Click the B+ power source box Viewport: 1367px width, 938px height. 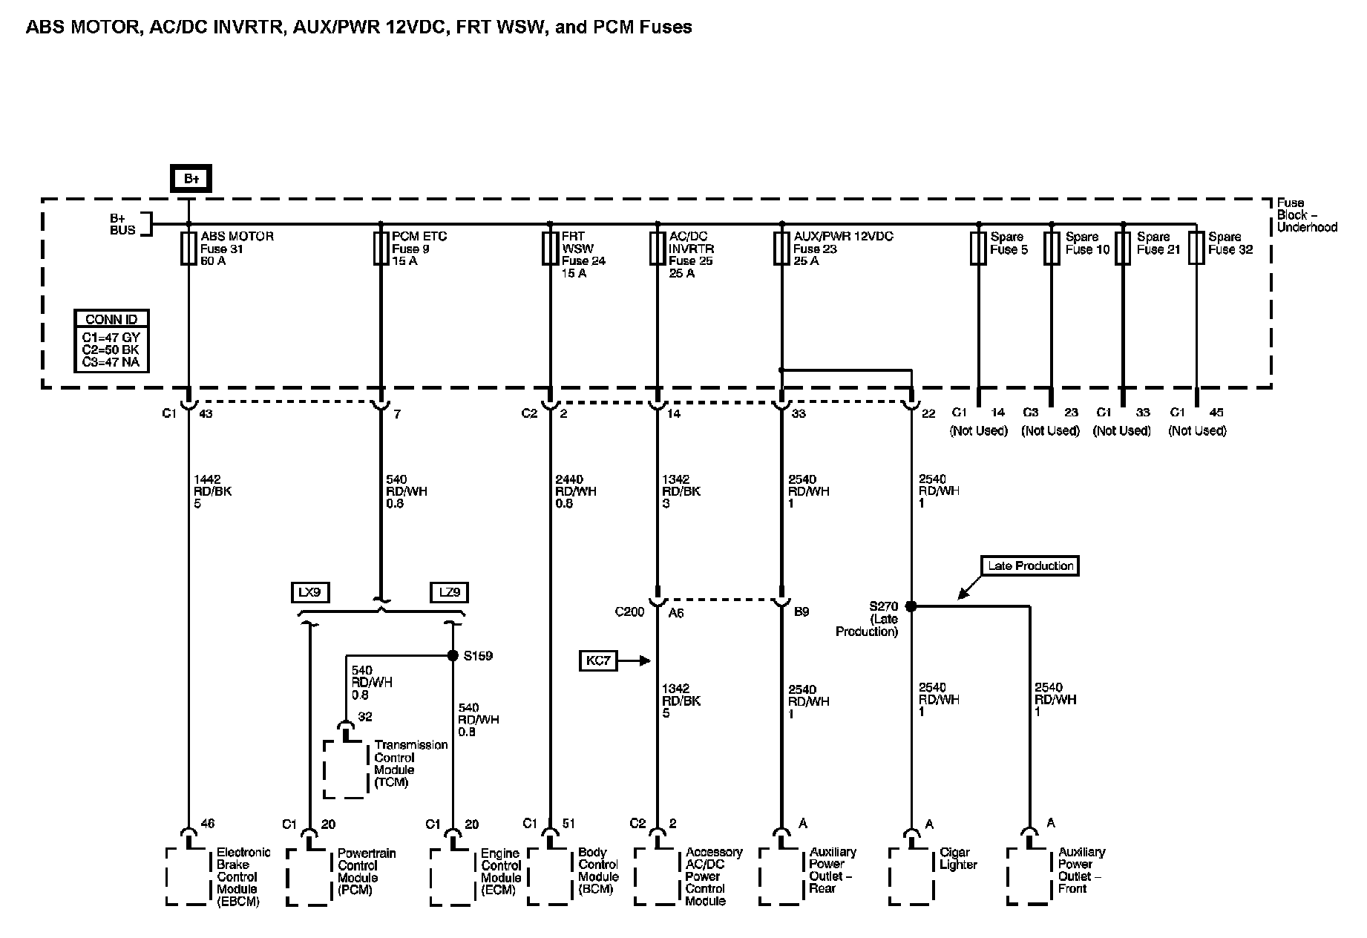pos(191,178)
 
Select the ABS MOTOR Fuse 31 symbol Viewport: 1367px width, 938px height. pos(189,249)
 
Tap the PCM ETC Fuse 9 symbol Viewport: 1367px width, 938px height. pos(381,249)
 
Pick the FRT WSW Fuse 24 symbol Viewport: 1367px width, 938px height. pos(550,249)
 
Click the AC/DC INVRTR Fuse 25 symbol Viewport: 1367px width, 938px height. pos(657,249)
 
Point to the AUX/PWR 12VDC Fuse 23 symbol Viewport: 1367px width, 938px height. pos(781,249)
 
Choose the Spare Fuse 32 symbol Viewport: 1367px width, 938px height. pos(1196,249)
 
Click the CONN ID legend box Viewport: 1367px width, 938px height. pos(111,341)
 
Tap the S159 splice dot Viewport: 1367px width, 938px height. pos(453,655)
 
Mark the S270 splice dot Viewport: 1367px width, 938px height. pos(911,606)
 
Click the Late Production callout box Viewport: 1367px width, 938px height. pos(1030,566)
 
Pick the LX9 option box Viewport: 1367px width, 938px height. pos(310,592)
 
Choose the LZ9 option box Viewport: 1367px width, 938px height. pos(449,592)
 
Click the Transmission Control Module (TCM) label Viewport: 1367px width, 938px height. pos(410,764)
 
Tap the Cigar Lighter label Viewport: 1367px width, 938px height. pos(958,859)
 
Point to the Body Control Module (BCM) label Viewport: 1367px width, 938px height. pos(598,870)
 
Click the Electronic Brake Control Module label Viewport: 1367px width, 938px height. pos(243,876)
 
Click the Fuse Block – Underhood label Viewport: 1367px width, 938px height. pos(1306,215)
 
